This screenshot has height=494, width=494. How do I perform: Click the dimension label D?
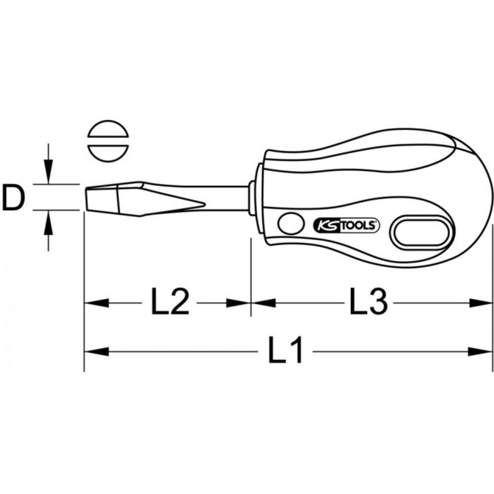[x=13, y=198]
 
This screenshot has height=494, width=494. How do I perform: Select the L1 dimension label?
[x=285, y=350]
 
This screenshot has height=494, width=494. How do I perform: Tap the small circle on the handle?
[x=291, y=224]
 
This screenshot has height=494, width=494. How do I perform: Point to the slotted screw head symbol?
[x=108, y=141]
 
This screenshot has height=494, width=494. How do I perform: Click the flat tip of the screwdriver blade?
[x=85, y=199]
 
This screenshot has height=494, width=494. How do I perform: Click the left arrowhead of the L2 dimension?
[x=96, y=303]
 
